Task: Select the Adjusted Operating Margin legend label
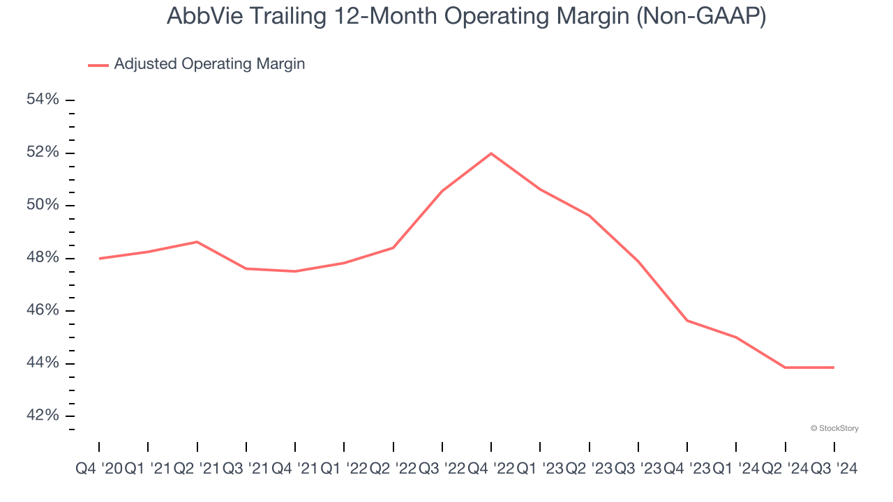tap(209, 64)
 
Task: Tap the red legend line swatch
tap(98, 65)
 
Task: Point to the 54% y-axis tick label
tap(43, 100)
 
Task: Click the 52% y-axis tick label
tap(43, 153)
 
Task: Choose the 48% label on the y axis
tap(43, 258)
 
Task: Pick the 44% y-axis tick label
tap(43, 363)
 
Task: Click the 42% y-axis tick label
tap(43, 416)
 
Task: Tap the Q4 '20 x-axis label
tap(98, 469)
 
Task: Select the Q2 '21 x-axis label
tap(197, 469)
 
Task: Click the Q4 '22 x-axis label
tap(491, 469)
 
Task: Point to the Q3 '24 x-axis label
tap(834, 469)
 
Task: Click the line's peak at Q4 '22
tap(491, 153)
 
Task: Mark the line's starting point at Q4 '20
tap(99, 259)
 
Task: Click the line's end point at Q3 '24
tap(834, 367)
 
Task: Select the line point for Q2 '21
tap(197, 242)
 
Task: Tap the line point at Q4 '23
tap(687, 321)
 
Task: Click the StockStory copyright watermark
tap(834, 428)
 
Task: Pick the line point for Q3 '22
tap(442, 191)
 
